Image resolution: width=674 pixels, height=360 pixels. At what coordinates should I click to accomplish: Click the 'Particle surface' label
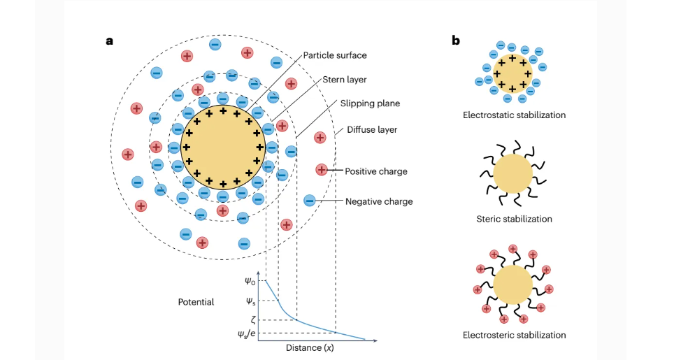click(x=335, y=55)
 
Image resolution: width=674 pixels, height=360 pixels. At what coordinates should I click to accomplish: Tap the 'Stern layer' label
click(x=344, y=80)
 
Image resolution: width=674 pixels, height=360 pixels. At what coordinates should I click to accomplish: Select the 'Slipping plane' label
click(x=370, y=103)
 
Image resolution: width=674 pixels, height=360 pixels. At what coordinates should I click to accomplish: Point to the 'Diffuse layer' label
click(x=372, y=130)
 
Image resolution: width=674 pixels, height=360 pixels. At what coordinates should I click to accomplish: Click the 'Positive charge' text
click(x=376, y=171)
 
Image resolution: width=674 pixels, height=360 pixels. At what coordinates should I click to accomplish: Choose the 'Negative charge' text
click(x=379, y=201)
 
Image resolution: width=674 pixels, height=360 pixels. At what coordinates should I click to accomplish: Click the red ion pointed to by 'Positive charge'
click(x=322, y=170)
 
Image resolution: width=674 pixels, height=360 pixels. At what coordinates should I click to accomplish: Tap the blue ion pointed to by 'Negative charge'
click(x=310, y=200)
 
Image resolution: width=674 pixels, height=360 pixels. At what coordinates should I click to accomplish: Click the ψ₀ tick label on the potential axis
click(x=250, y=282)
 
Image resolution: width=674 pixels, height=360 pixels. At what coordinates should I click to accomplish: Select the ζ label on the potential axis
click(x=253, y=319)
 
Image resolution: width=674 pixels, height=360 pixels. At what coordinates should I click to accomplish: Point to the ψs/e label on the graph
click(x=247, y=333)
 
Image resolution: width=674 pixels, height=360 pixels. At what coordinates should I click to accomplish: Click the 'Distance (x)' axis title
click(x=310, y=347)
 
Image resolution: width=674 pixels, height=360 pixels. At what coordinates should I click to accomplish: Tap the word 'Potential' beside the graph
click(x=196, y=302)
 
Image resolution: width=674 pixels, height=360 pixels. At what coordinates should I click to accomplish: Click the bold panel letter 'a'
click(x=110, y=41)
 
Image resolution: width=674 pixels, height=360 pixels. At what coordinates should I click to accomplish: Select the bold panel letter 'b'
click(x=456, y=41)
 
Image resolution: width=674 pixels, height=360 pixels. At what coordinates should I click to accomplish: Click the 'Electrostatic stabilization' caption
click(x=514, y=115)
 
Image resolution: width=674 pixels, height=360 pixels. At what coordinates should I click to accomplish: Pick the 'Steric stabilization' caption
click(x=514, y=219)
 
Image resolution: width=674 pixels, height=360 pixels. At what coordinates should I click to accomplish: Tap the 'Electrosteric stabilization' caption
click(x=514, y=335)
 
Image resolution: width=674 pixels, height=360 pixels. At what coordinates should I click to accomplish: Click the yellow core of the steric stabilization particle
click(x=512, y=174)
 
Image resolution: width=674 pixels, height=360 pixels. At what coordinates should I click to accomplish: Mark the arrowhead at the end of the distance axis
click(x=375, y=340)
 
